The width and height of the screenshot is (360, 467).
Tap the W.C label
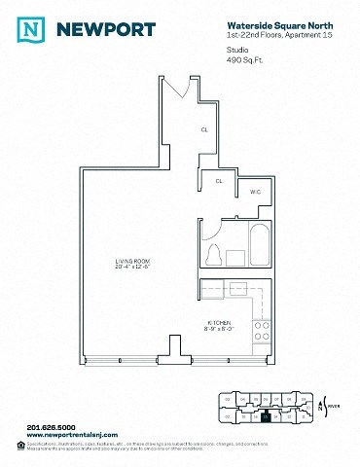point(254,192)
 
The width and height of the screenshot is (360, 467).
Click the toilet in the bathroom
point(215,254)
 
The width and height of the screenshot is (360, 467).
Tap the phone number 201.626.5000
point(51,426)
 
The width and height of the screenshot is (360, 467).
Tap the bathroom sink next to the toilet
point(237,256)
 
